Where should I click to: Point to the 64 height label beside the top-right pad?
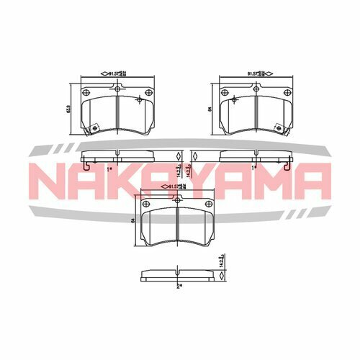click(210, 109)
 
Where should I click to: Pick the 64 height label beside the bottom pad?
click(133, 220)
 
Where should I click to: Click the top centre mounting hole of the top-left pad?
click(117, 87)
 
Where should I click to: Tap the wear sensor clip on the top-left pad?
click(93, 130)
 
